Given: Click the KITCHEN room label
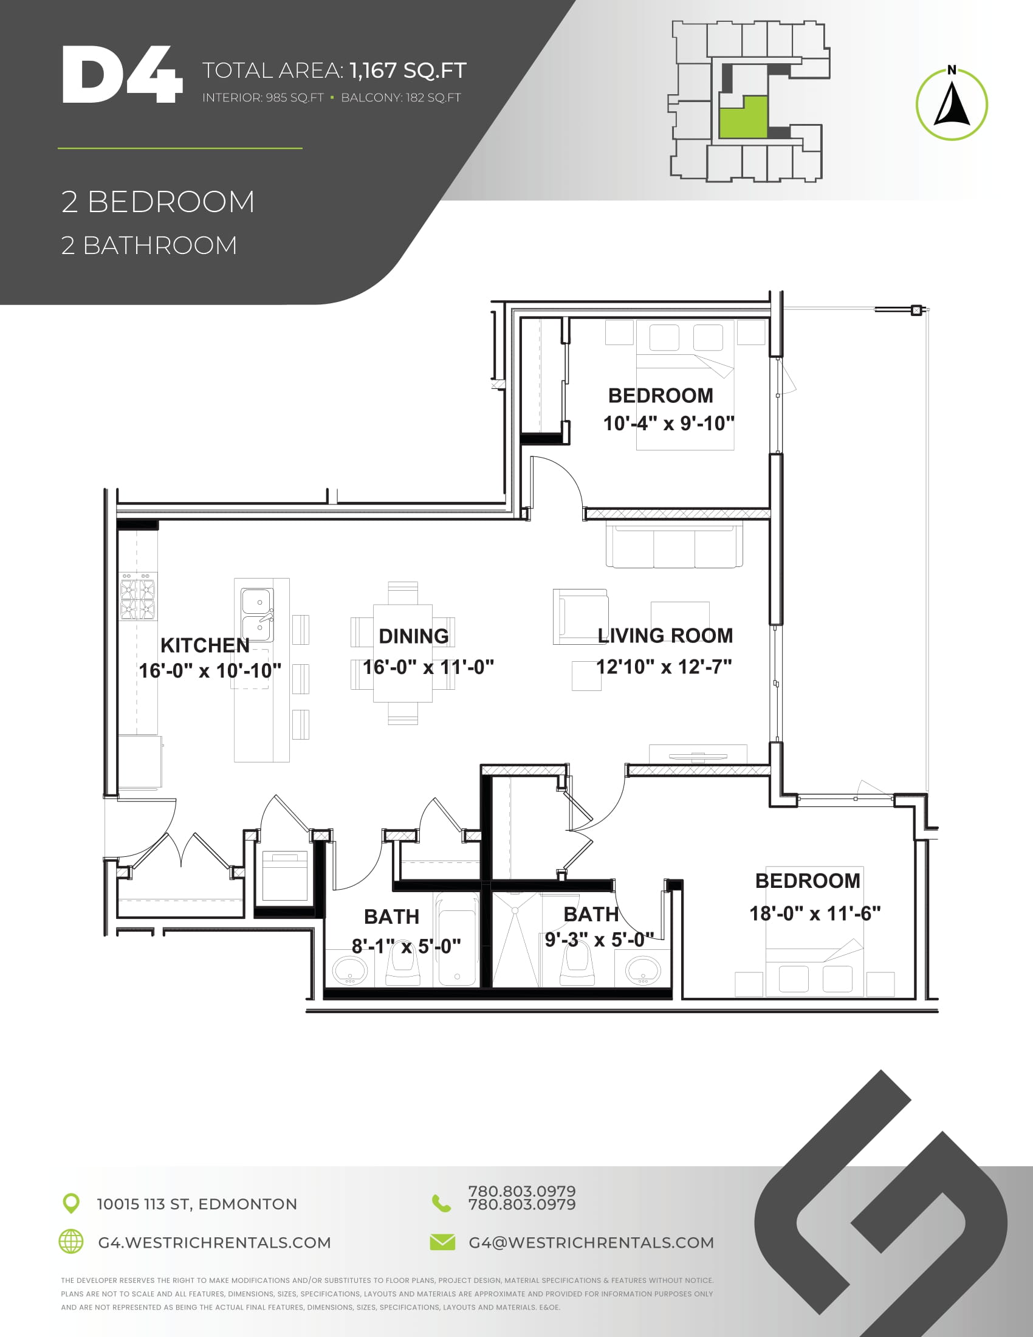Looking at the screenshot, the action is [x=205, y=645].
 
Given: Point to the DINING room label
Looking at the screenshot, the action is [x=414, y=636].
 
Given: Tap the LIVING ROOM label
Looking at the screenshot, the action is [x=665, y=636].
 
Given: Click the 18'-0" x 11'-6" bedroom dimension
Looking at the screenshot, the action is [x=815, y=913].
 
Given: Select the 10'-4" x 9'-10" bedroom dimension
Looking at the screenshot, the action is [x=669, y=423].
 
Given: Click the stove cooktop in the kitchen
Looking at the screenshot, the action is [x=138, y=596].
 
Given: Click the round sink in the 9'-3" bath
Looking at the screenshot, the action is [x=642, y=971].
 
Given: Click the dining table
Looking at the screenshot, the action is [x=403, y=653].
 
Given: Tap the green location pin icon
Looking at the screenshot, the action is [x=72, y=1203].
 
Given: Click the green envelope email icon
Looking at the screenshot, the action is [x=442, y=1242].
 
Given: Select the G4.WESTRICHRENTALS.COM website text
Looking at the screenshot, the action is [x=214, y=1243].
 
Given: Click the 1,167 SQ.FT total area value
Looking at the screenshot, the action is [x=408, y=70].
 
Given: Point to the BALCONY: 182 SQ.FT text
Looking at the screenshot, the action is [x=401, y=97].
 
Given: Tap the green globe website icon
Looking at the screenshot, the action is [x=71, y=1242].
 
